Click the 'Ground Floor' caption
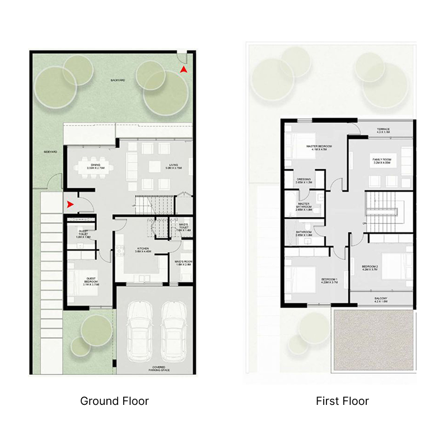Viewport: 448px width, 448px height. coord(114,401)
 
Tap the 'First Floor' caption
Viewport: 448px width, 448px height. coord(342,401)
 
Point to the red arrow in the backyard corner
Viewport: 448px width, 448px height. coord(183,69)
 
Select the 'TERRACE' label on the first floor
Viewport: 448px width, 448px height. coord(384,130)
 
